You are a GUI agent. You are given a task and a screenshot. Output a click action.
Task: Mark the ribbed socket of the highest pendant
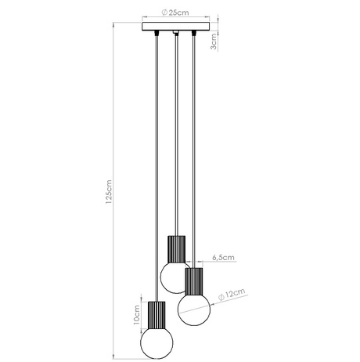pyautogui.click(x=175, y=250)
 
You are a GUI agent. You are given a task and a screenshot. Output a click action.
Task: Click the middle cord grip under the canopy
pyautogui.click(x=175, y=34)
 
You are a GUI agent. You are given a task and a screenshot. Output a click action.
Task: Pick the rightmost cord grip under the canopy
pyautogui.click(x=193, y=34)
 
